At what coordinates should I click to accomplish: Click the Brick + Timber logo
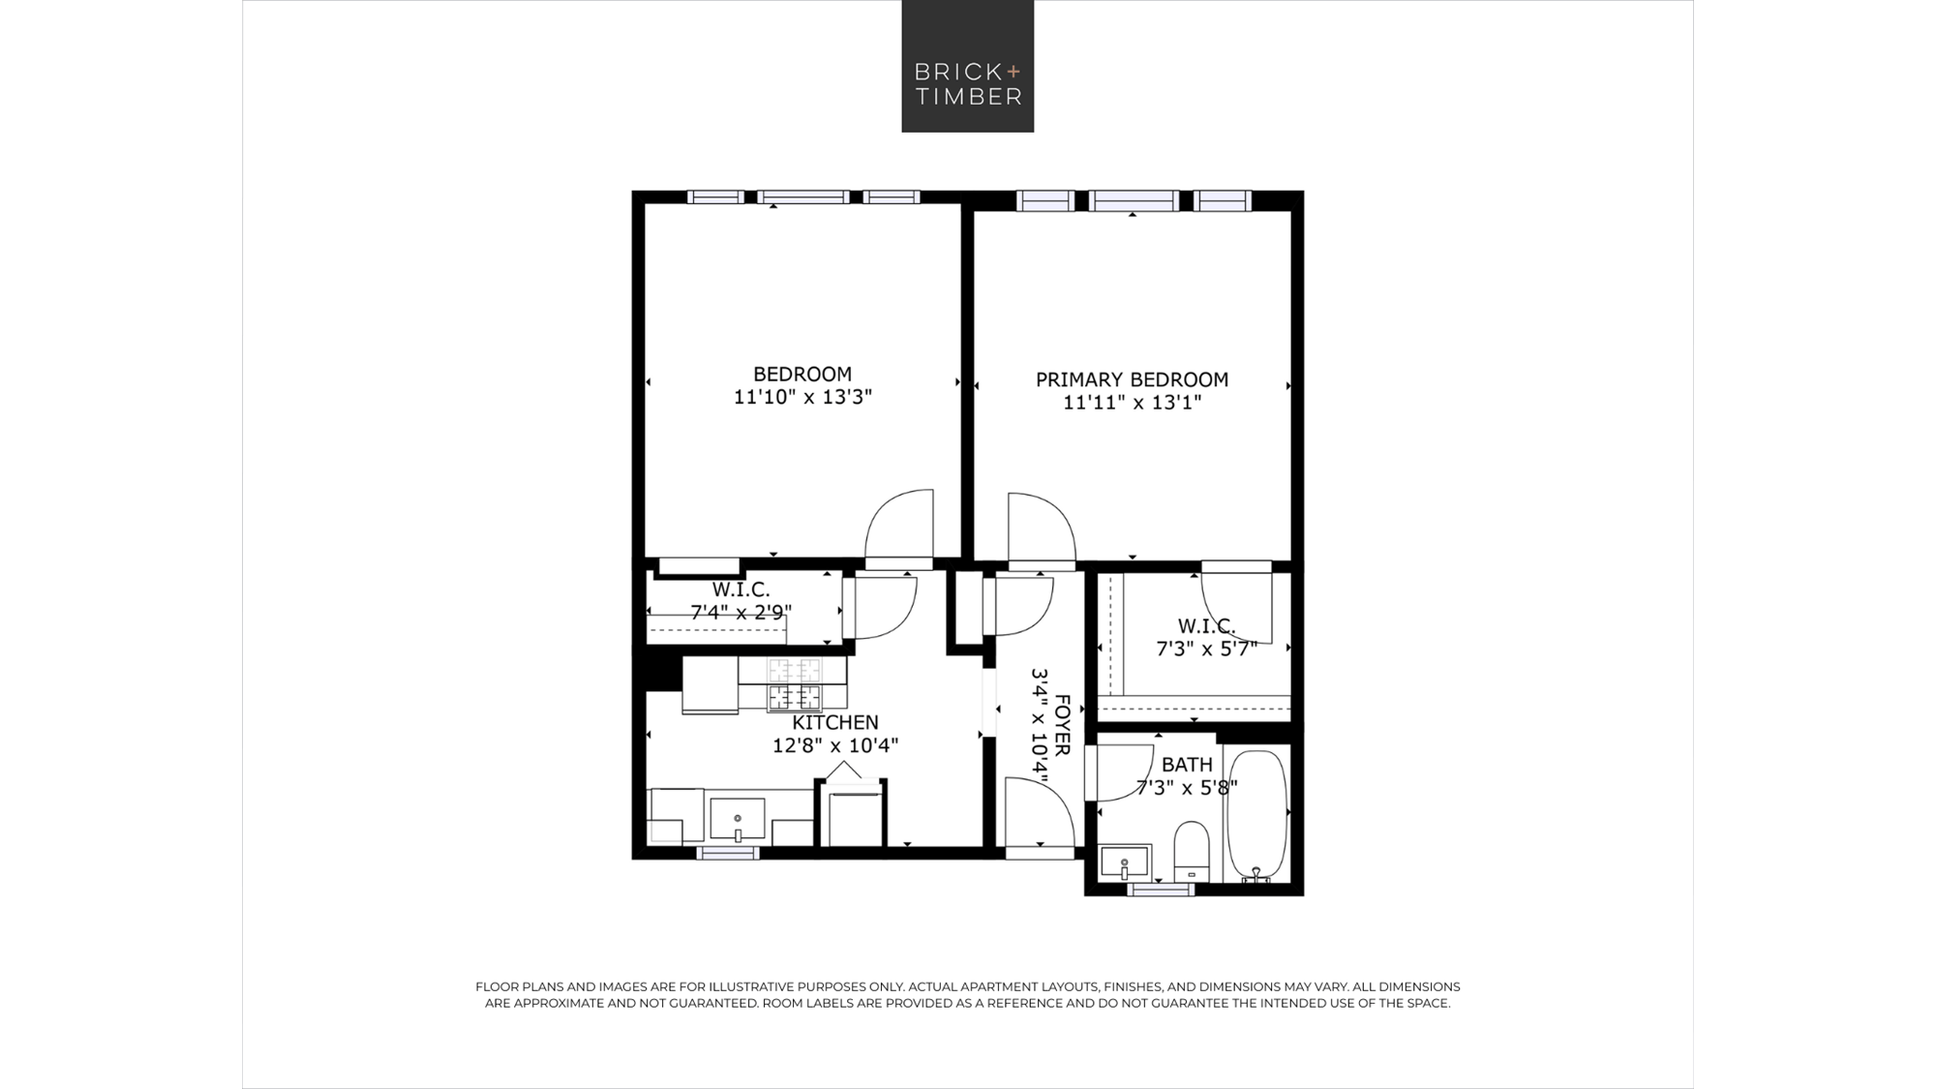(x=967, y=66)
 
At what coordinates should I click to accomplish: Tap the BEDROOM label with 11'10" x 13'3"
(x=802, y=374)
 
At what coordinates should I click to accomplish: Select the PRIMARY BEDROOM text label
(x=1132, y=379)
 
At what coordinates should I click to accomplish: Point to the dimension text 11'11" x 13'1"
(x=1132, y=403)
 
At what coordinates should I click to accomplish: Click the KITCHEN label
(x=835, y=722)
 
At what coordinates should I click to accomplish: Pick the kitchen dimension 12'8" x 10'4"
(x=835, y=745)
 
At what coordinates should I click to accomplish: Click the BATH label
(x=1187, y=765)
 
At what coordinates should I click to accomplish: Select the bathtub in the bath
(x=1256, y=815)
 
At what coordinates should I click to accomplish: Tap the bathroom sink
(x=1125, y=862)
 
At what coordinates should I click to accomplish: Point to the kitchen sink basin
(x=738, y=820)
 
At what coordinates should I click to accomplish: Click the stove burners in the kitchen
(x=794, y=684)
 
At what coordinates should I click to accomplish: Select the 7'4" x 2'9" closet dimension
(x=741, y=613)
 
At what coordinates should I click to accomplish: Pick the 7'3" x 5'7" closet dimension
(x=1207, y=649)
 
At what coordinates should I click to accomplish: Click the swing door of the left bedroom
(x=898, y=528)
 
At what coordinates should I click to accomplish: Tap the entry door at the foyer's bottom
(x=1040, y=818)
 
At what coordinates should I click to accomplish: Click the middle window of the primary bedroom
(x=1134, y=201)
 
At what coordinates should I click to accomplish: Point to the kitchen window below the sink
(x=728, y=853)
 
